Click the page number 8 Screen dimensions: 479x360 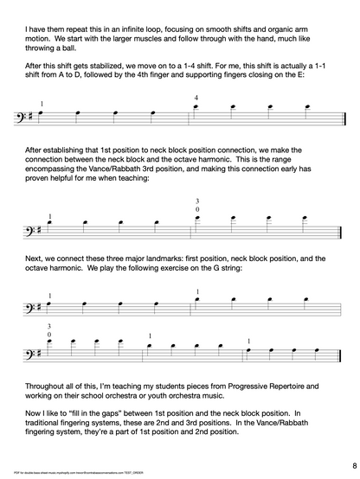click(x=344, y=464)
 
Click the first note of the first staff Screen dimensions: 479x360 click(x=42, y=113)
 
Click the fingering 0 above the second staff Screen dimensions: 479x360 click(x=197, y=210)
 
